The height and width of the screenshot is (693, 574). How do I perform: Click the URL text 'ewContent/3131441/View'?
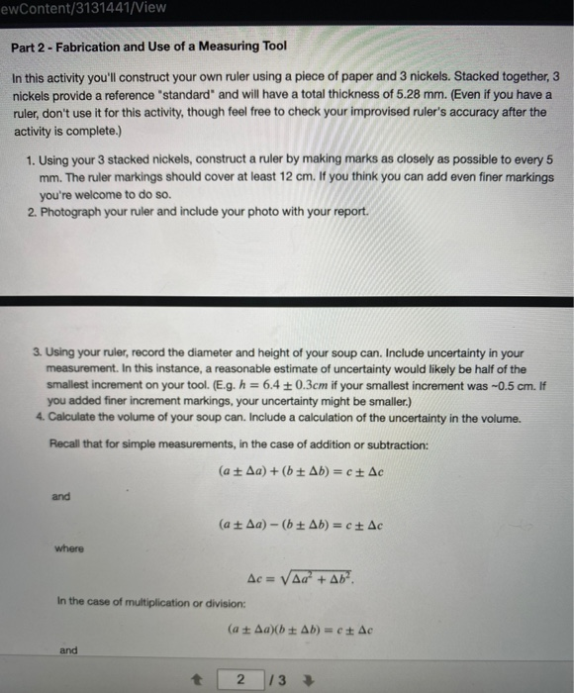[x=83, y=8]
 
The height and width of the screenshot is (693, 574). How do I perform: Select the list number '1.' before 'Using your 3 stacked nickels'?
[x=33, y=159]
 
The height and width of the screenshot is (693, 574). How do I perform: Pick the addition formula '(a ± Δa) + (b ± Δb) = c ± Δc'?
[x=300, y=472]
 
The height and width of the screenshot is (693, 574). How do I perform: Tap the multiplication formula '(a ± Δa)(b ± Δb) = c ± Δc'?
[x=300, y=628]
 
